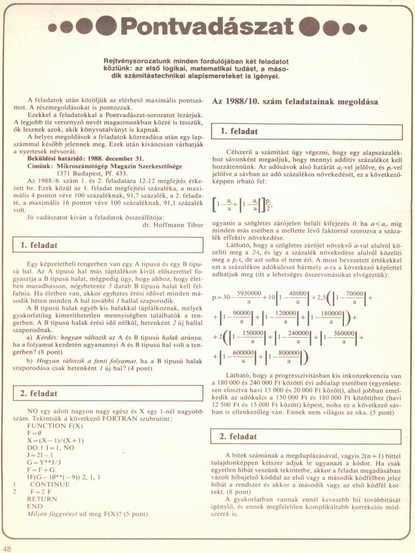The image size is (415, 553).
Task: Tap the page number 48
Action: pyautogui.click(x=8, y=548)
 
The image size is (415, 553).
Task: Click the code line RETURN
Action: pyautogui.click(x=42, y=499)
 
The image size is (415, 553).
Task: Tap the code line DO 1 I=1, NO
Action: pyautogui.click(x=51, y=447)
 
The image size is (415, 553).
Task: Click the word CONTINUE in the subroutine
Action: pyautogui.click(x=50, y=484)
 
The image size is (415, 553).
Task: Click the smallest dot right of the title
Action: pyautogui.click(x=363, y=28)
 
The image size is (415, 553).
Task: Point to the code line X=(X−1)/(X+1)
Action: pyautogui.click(x=55, y=440)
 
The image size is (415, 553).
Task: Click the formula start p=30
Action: pyautogui.click(x=220, y=298)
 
